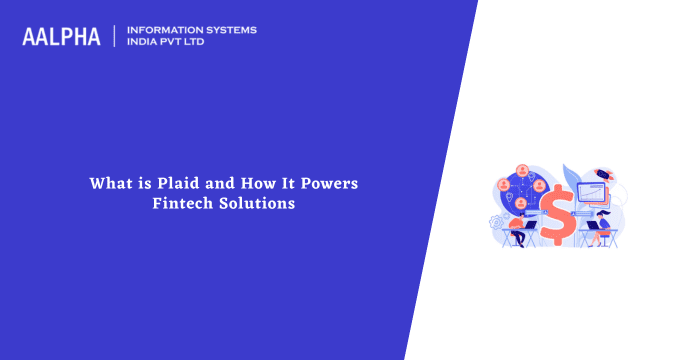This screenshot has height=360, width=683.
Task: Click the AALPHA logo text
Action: tap(61, 36)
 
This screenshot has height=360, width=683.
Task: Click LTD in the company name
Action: tap(200, 43)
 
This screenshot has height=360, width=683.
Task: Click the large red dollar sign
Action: tap(558, 220)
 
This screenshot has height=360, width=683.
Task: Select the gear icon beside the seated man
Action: tap(494, 223)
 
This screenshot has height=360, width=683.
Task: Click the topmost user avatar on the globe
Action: tap(520, 169)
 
